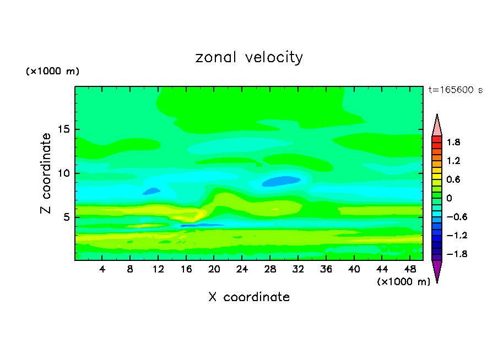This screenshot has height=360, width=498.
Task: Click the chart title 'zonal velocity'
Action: coord(249,57)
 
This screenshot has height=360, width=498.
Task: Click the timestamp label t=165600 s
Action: coord(455,90)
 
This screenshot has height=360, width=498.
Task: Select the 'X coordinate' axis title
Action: coord(249,297)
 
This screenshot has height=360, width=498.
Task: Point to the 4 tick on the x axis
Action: coord(102,270)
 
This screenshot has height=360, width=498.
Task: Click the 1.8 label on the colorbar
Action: coord(453,142)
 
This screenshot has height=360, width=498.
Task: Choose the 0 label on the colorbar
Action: coord(449,198)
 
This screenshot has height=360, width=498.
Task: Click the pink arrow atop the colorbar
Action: coord(437,126)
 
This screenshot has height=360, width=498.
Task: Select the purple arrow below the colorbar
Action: coord(437,270)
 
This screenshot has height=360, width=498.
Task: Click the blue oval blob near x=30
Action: coord(281,181)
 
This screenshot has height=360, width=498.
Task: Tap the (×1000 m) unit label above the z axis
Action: coord(52,72)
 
